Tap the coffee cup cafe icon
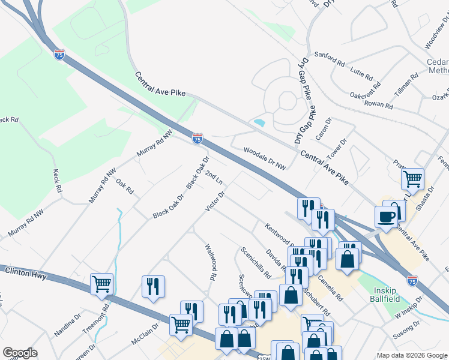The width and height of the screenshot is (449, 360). point(385,215)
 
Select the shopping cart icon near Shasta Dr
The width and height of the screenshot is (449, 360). point(412,178)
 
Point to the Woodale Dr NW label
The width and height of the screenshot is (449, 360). point(265,155)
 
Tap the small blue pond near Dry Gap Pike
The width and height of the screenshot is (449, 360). point(259,122)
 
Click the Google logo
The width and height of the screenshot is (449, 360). point(20,353)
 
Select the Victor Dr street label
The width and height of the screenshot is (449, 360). point(214,202)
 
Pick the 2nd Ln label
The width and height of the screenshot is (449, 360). point(214,178)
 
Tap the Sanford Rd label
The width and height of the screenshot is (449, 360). point(330,58)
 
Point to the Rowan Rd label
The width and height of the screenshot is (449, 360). point(379,104)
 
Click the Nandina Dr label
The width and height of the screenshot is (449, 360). point(67,323)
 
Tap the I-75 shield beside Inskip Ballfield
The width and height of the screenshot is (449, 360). point(412,280)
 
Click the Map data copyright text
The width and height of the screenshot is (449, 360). point(412,355)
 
